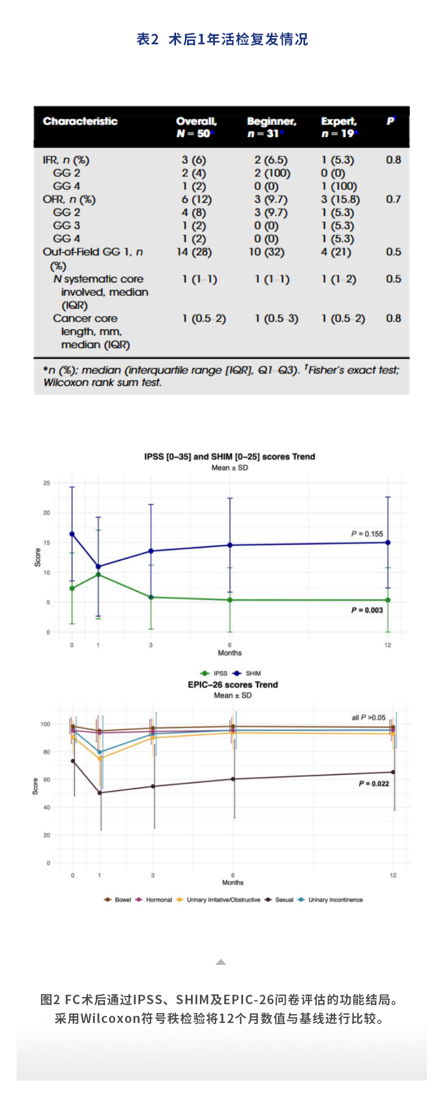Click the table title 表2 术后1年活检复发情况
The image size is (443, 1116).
click(x=222, y=39)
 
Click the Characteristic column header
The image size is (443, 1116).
click(x=80, y=121)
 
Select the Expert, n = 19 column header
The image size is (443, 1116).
click(x=339, y=127)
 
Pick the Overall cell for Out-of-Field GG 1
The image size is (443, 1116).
click(x=194, y=252)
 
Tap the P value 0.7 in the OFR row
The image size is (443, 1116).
click(x=393, y=199)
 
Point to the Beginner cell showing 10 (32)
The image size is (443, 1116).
click(x=266, y=252)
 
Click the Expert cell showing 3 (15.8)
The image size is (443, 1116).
click(x=340, y=199)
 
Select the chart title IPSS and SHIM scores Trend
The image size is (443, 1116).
click(x=229, y=457)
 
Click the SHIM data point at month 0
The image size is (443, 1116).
click(x=72, y=534)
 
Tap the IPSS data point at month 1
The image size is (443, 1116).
click(x=99, y=575)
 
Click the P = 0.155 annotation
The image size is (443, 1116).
click(x=367, y=534)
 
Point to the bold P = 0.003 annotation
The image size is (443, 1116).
click(x=367, y=610)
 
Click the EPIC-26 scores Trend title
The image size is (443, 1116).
click(x=233, y=685)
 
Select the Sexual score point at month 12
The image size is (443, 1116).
click(x=393, y=772)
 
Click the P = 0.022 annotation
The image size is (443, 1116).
click(x=374, y=784)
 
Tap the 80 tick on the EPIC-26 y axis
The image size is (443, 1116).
click(x=46, y=752)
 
